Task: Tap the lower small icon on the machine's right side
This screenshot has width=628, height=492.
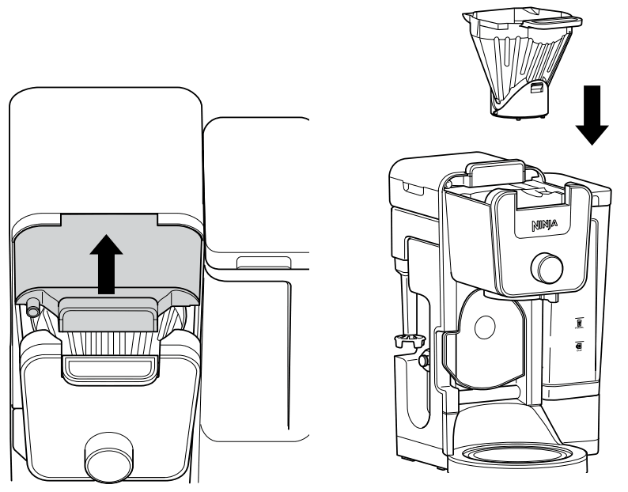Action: click(579, 346)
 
